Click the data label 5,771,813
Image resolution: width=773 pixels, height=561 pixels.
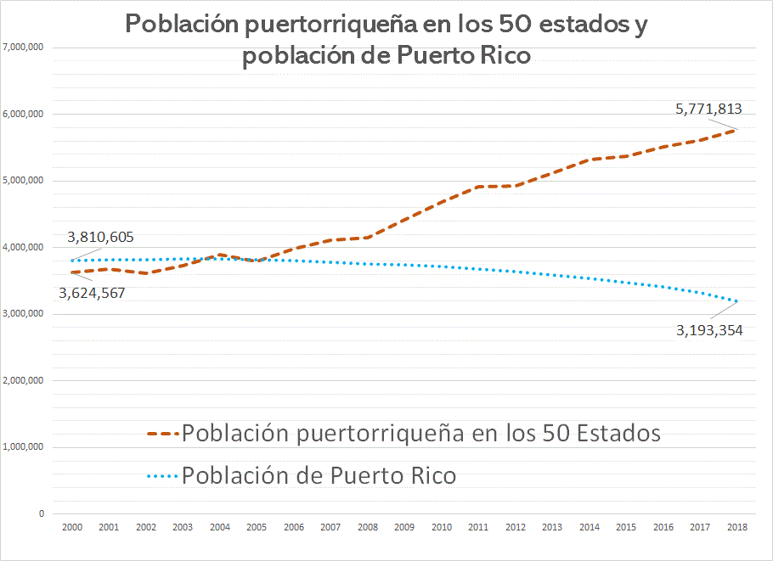pyautogui.click(x=708, y=109)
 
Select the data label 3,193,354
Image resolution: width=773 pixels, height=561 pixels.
pyautogui.click(x=709, y=330)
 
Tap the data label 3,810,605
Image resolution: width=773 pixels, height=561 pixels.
pyautogui.click(x=100, y=238)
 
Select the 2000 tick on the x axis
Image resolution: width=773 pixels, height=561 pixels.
pyautogui.click(x=71, y=527)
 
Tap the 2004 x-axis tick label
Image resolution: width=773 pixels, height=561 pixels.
pyautogui.click(x=219, y=527)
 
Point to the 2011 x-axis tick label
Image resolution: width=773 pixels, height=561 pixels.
pyautogui.click(x=478, y=527)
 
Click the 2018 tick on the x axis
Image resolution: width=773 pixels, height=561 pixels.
pyautogui.click(x=736, y=527)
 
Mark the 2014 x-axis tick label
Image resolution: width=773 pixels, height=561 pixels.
pyautogui.click(x=589, y=527)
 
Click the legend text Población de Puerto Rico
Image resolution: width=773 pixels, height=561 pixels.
pyautogui.click(x=319, y=475)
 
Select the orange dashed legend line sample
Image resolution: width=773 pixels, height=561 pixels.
pyautogui.click(x=162, y=434)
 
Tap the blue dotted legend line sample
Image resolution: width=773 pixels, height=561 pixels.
pyautogui.click(x=162, y=475)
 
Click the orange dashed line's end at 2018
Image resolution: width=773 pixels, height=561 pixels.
pyautogui.click(x=736, y=129)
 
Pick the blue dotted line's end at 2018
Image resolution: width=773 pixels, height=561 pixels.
pyautogui.click(x=736, y=301)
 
